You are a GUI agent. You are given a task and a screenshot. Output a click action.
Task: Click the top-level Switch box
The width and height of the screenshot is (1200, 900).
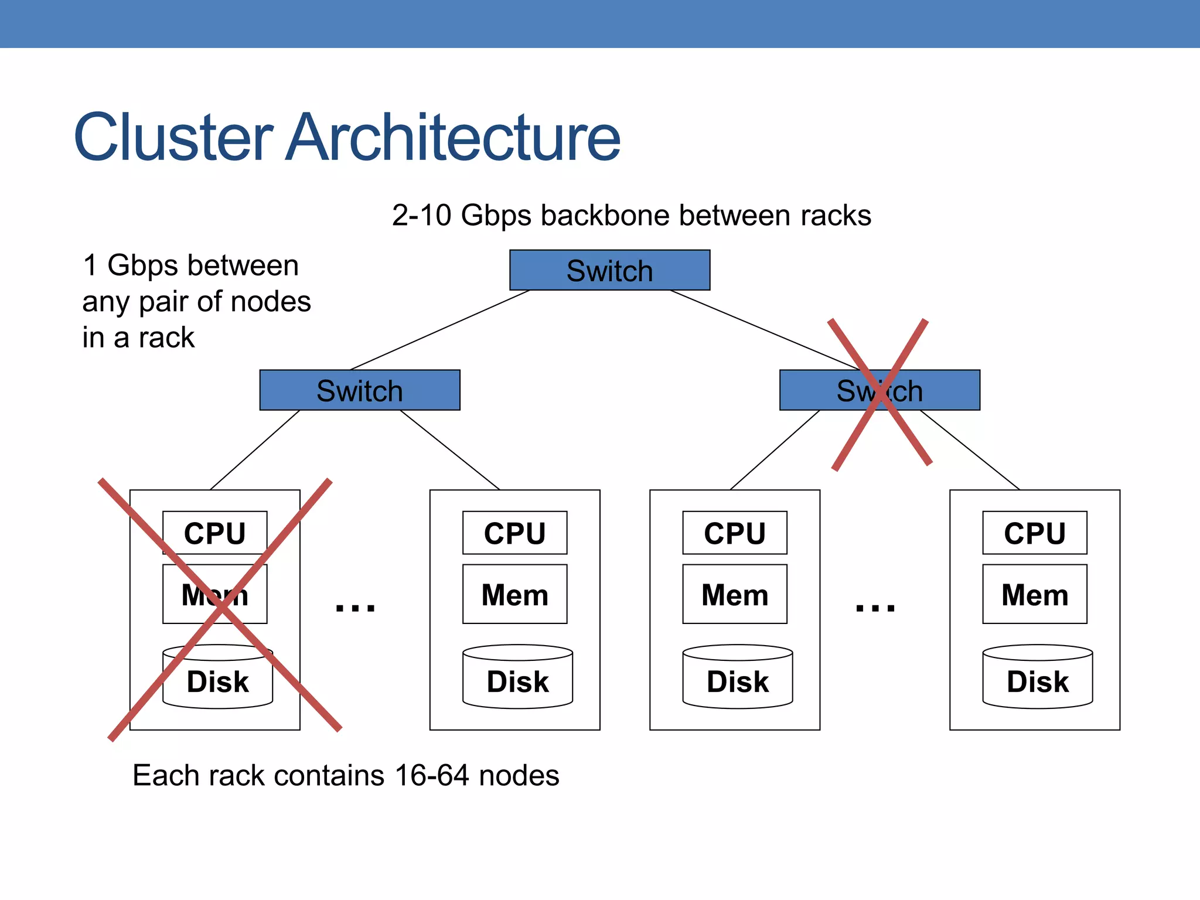click(x=609, y=270)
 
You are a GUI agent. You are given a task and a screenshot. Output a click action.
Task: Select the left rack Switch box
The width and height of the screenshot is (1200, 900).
click(x=360, y=390)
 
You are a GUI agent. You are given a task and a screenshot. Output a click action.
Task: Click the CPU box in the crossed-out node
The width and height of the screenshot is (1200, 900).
click(x=214, y=533)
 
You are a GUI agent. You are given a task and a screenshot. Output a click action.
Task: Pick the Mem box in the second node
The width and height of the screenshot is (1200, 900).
click(x=514, y=594)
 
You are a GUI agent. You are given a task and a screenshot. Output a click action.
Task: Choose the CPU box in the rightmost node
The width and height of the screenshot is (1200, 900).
click(x=1034, y=533)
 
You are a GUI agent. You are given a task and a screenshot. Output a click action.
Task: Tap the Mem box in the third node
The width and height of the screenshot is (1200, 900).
click(x=734, y=594)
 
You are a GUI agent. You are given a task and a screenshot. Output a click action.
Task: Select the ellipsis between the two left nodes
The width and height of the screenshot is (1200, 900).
click(x=355, y=608)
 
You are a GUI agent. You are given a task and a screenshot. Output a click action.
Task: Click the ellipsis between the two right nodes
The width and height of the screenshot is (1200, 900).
click(x=875, y=608)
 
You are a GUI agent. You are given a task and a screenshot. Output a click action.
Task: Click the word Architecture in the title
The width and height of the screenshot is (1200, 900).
click(x=452, y=138)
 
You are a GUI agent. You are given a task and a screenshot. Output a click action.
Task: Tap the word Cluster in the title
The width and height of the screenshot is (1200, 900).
click(x=173, y=138)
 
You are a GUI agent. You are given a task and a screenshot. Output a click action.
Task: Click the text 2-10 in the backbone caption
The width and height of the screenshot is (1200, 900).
click(x=421, y=216)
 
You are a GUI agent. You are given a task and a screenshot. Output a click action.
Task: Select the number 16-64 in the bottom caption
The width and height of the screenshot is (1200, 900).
click(x=432, y=776)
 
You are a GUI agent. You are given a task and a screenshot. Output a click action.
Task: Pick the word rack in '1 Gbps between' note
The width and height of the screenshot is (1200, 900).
click(x=166, y=338)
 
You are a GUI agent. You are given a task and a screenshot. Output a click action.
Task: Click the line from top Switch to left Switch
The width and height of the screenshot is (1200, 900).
click(x=439, y=330)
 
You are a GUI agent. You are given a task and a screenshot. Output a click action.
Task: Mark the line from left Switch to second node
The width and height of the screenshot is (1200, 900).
click(x=450, y=450)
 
